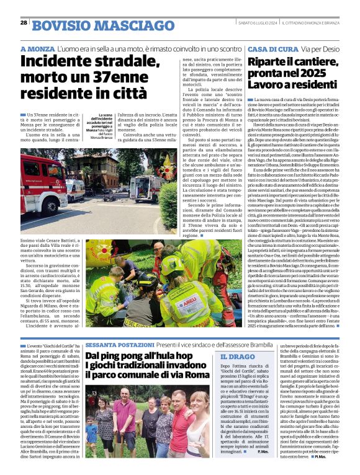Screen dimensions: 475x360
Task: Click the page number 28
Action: [x=24, y=22]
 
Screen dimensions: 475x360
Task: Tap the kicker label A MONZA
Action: [x=37, y=48]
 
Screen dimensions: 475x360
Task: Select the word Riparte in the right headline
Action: [x=272, y=61]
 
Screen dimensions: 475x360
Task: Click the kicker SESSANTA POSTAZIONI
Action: [x=119, y=344]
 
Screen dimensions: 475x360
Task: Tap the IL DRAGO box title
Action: [x=237, y=358]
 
